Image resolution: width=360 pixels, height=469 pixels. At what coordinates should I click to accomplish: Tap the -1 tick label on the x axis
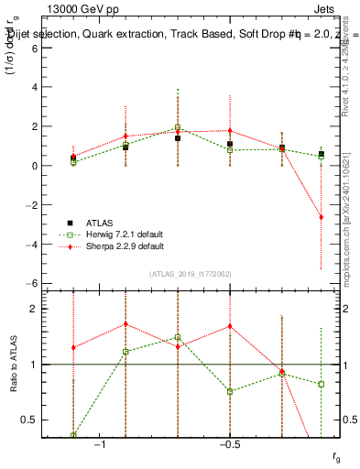point(101,445)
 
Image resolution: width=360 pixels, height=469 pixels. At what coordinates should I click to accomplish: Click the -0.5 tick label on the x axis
point(229,445)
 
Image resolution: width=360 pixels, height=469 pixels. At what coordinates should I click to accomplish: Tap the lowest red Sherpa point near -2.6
point(321,217)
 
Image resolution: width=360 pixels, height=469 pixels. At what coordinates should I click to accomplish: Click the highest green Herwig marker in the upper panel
point(178,127)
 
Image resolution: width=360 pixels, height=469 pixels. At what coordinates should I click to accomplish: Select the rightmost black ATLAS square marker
point(321,154)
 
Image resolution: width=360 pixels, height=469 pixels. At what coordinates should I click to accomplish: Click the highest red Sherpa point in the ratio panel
point(125,323)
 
